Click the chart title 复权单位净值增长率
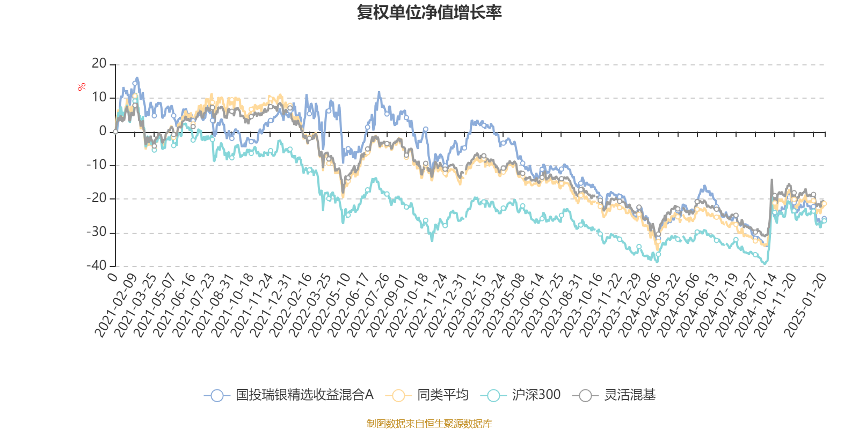(429, 12)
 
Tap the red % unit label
(82, 86)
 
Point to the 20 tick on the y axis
(99, 64)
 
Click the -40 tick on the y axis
(97, 265)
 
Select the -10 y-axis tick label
(97, 165)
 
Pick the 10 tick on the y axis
(99, 98)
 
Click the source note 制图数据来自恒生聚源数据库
(429, 424)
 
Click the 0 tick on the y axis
(103, 131)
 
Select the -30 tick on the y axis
(97, 232)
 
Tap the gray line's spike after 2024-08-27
(771, 180)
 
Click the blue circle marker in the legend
(217, 396)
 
